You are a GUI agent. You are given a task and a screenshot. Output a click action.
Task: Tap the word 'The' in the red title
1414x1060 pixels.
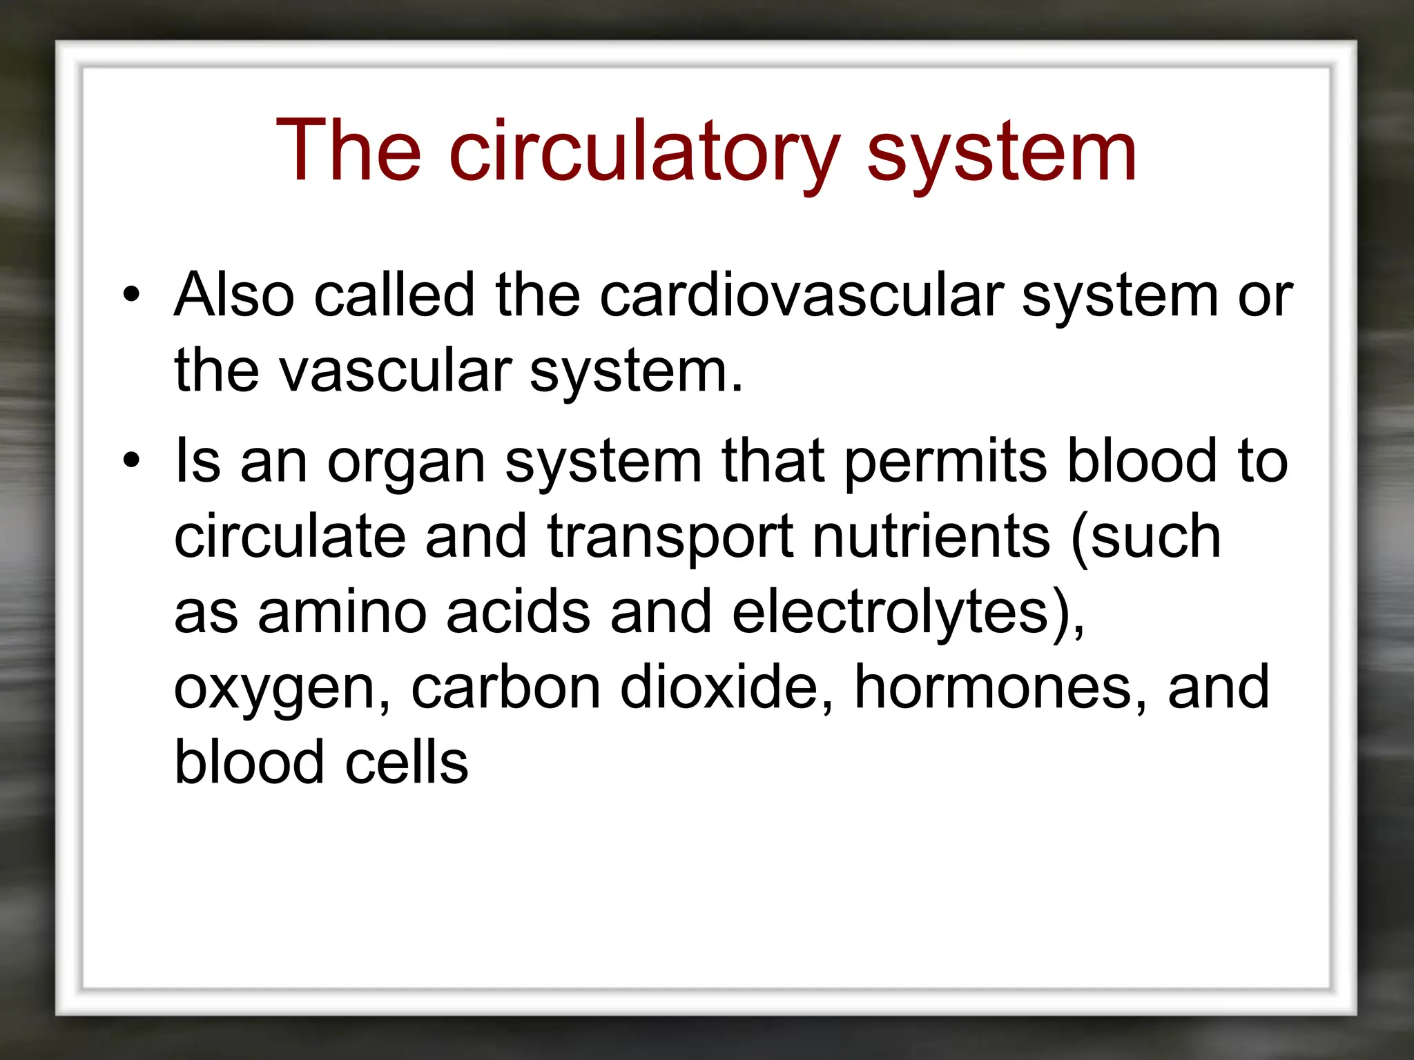348,151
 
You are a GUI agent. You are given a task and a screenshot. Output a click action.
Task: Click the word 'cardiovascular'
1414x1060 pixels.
801,295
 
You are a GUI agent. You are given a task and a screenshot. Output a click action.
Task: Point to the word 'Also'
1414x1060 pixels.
235,295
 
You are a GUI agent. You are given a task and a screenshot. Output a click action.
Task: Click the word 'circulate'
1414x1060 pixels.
289,536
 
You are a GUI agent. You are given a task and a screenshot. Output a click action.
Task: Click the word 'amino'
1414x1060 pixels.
342,612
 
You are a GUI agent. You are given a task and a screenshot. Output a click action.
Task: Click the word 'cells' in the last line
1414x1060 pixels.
407,763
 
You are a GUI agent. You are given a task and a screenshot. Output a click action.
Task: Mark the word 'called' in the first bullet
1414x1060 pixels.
394,295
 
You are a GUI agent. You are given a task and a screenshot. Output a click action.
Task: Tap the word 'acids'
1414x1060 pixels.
518,612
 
